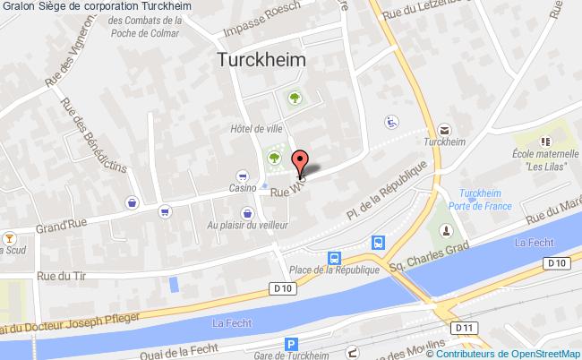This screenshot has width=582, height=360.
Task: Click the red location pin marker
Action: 301,161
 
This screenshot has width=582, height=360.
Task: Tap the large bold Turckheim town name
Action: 261,59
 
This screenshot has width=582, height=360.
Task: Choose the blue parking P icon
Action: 291,344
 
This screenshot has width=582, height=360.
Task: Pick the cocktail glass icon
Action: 10,238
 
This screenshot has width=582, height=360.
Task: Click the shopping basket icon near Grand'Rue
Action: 133,202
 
